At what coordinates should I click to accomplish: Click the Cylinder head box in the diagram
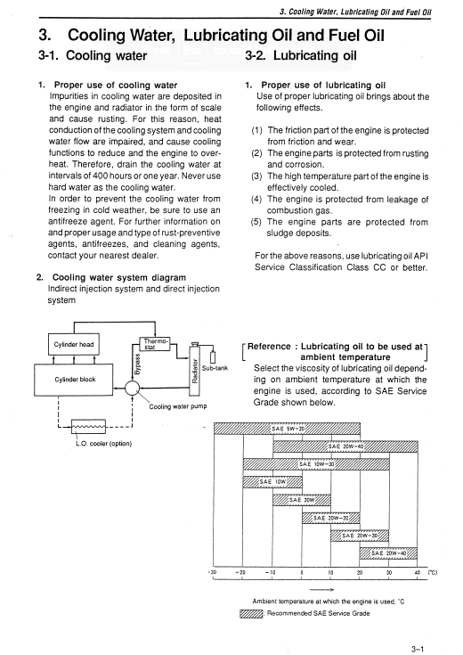point(74,344)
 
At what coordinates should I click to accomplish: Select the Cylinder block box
point(74,380)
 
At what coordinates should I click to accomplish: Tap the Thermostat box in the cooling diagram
point(154,344)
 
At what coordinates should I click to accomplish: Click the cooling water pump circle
point(133,388)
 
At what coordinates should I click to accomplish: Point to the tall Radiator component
point(194,370)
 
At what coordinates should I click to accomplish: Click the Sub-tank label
point(215,368)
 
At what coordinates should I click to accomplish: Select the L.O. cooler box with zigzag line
point(88,427)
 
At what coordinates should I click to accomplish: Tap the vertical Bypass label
point(137,364)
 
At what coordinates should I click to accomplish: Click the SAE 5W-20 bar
point(287,429)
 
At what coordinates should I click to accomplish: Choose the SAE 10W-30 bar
point(316,464)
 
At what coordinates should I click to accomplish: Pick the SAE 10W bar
point(272,481)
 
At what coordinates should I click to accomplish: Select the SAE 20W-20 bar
point(330,518)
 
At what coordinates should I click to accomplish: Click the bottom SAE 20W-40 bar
point(388,553)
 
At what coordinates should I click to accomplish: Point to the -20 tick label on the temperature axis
point(240,572)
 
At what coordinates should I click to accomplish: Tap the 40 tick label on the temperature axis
point(417,572)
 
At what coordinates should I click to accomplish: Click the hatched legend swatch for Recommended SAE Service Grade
point(251,614)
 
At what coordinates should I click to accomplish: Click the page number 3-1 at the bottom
point(418,649)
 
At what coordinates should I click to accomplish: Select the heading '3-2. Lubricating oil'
point(301,55)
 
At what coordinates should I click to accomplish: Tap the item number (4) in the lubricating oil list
point(256,200)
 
